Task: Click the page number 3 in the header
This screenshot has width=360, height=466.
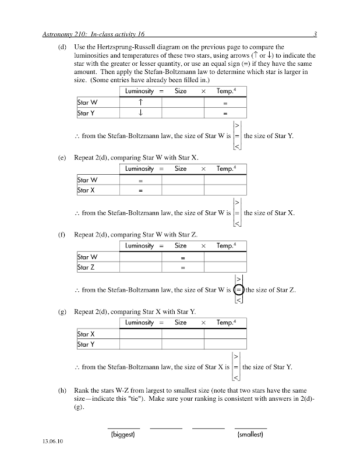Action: [314, 34]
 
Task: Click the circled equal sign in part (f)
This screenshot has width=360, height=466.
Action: [238, 290]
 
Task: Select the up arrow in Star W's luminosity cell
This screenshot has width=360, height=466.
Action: [140, 103]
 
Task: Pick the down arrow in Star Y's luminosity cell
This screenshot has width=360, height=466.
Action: [140, 113]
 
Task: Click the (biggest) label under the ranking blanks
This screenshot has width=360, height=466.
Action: [123, 435]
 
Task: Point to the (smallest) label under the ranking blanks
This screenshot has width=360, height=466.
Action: [250, 435]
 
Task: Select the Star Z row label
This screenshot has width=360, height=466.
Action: [86, 267]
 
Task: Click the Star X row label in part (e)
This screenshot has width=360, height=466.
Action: [87, 190]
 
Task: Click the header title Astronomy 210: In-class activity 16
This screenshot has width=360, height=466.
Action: [94, 34]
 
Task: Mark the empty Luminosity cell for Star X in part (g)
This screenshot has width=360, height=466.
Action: [140, 334]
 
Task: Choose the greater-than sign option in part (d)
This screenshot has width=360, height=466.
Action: [237, 125]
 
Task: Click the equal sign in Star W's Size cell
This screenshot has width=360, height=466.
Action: [182, 257]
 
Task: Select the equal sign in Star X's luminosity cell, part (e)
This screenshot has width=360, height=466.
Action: [140, 190]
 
